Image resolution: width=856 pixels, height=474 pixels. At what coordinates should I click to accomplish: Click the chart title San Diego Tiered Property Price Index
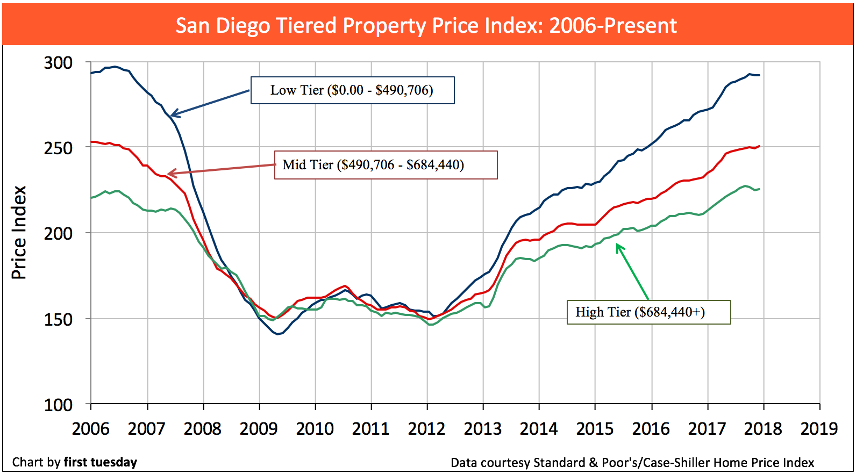[x=426, y=25]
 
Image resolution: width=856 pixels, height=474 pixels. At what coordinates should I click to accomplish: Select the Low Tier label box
[x=352, y=90]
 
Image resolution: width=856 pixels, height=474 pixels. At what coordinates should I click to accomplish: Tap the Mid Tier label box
[x=386, y=164]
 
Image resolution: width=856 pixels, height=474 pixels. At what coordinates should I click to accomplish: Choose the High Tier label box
[x=648, y=312]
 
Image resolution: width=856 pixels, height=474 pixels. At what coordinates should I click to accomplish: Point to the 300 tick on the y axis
[x=58, y=63]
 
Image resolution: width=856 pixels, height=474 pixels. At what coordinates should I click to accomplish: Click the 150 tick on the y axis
[x=58, y=319]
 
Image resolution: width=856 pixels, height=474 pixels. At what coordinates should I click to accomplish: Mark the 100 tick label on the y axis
[x=58, y=405]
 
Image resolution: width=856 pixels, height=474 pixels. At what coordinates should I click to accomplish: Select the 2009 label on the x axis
[x=259, y=429]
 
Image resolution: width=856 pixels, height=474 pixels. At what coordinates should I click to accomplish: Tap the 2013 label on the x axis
[x=483, y=429]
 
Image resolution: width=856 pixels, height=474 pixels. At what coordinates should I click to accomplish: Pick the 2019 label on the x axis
[x=819, y=429]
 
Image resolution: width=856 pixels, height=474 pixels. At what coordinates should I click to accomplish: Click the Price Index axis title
[x=19, y=233]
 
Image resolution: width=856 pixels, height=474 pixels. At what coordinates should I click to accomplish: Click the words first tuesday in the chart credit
[x=101, y=462]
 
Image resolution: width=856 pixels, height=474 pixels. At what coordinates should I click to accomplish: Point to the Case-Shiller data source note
[x=632, y=463]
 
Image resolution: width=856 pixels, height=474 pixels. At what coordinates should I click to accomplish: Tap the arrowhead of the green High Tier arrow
[x=617, y=246]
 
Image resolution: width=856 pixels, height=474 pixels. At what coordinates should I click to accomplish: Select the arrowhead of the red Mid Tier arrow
[x=169, y=174]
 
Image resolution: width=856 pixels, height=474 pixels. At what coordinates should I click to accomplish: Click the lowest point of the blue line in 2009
[x=278, y=334]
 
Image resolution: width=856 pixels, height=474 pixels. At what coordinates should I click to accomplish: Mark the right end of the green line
[x=759, y=189]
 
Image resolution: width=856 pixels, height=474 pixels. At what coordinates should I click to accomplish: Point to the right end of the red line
[x=759, y=146]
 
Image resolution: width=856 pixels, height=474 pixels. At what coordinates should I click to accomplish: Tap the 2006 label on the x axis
[x=91, y=429]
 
